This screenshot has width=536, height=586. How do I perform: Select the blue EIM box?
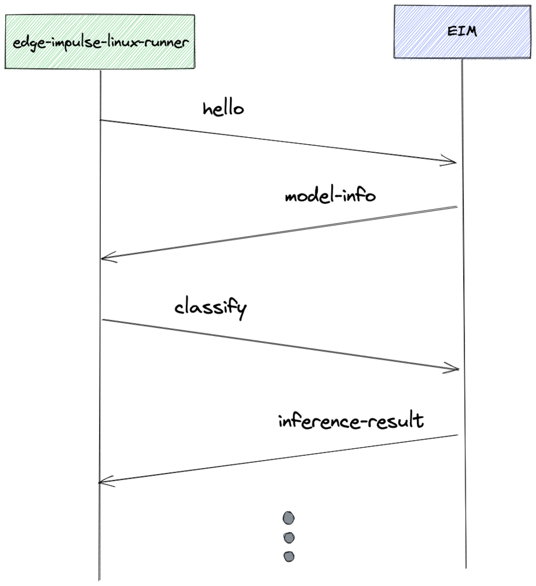coord(462,32)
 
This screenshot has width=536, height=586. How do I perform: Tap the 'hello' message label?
coord(223,109)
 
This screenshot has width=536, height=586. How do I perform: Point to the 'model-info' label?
coord(330,196)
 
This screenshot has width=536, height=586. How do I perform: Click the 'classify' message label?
coord(211,309)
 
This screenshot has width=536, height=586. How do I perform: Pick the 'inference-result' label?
coord(351,421)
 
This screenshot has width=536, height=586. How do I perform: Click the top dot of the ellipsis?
coord(289,518)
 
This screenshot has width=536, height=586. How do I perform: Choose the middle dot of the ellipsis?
coord(289,537)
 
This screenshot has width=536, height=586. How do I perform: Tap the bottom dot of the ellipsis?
coord(289,556)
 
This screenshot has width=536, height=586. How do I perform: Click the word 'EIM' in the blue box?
coord(462,31)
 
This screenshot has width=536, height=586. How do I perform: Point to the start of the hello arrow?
coord(101,120)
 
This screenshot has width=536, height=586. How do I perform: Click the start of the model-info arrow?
coord(457,207)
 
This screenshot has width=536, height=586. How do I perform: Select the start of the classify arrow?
coord(102,320)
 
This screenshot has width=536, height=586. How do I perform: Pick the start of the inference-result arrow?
coord(457,435)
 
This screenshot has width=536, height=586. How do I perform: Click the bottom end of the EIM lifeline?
coord(466,567)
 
